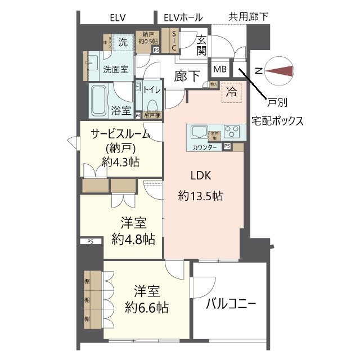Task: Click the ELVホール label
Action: click(x=183, y=17)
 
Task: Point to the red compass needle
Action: click(x=281, y=70)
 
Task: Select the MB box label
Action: click(x=219, y=69)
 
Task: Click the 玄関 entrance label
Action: click(x=201, y=44)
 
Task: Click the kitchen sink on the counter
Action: click(x=200, y=133)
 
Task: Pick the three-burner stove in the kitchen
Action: click(x=231, y=132)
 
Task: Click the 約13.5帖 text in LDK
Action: click(x=200, y=196)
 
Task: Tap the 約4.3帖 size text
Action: click(x=121, y=162)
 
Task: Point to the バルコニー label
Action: click(x=231, y=304)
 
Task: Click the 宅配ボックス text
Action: click(x=277, y=120)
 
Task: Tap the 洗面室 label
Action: click(x=115, y=70)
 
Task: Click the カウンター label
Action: click(x=205, y=147)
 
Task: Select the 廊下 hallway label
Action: click(x=187, y=76)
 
